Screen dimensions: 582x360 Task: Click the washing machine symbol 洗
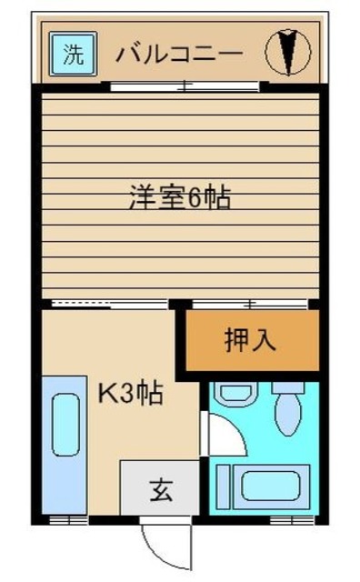(71, 54)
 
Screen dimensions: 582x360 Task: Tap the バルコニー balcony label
(179, 54)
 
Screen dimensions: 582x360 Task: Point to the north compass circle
(287, 52)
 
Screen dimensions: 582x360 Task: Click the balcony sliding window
(185, 87)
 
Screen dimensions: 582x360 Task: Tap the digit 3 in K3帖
(127, 395)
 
